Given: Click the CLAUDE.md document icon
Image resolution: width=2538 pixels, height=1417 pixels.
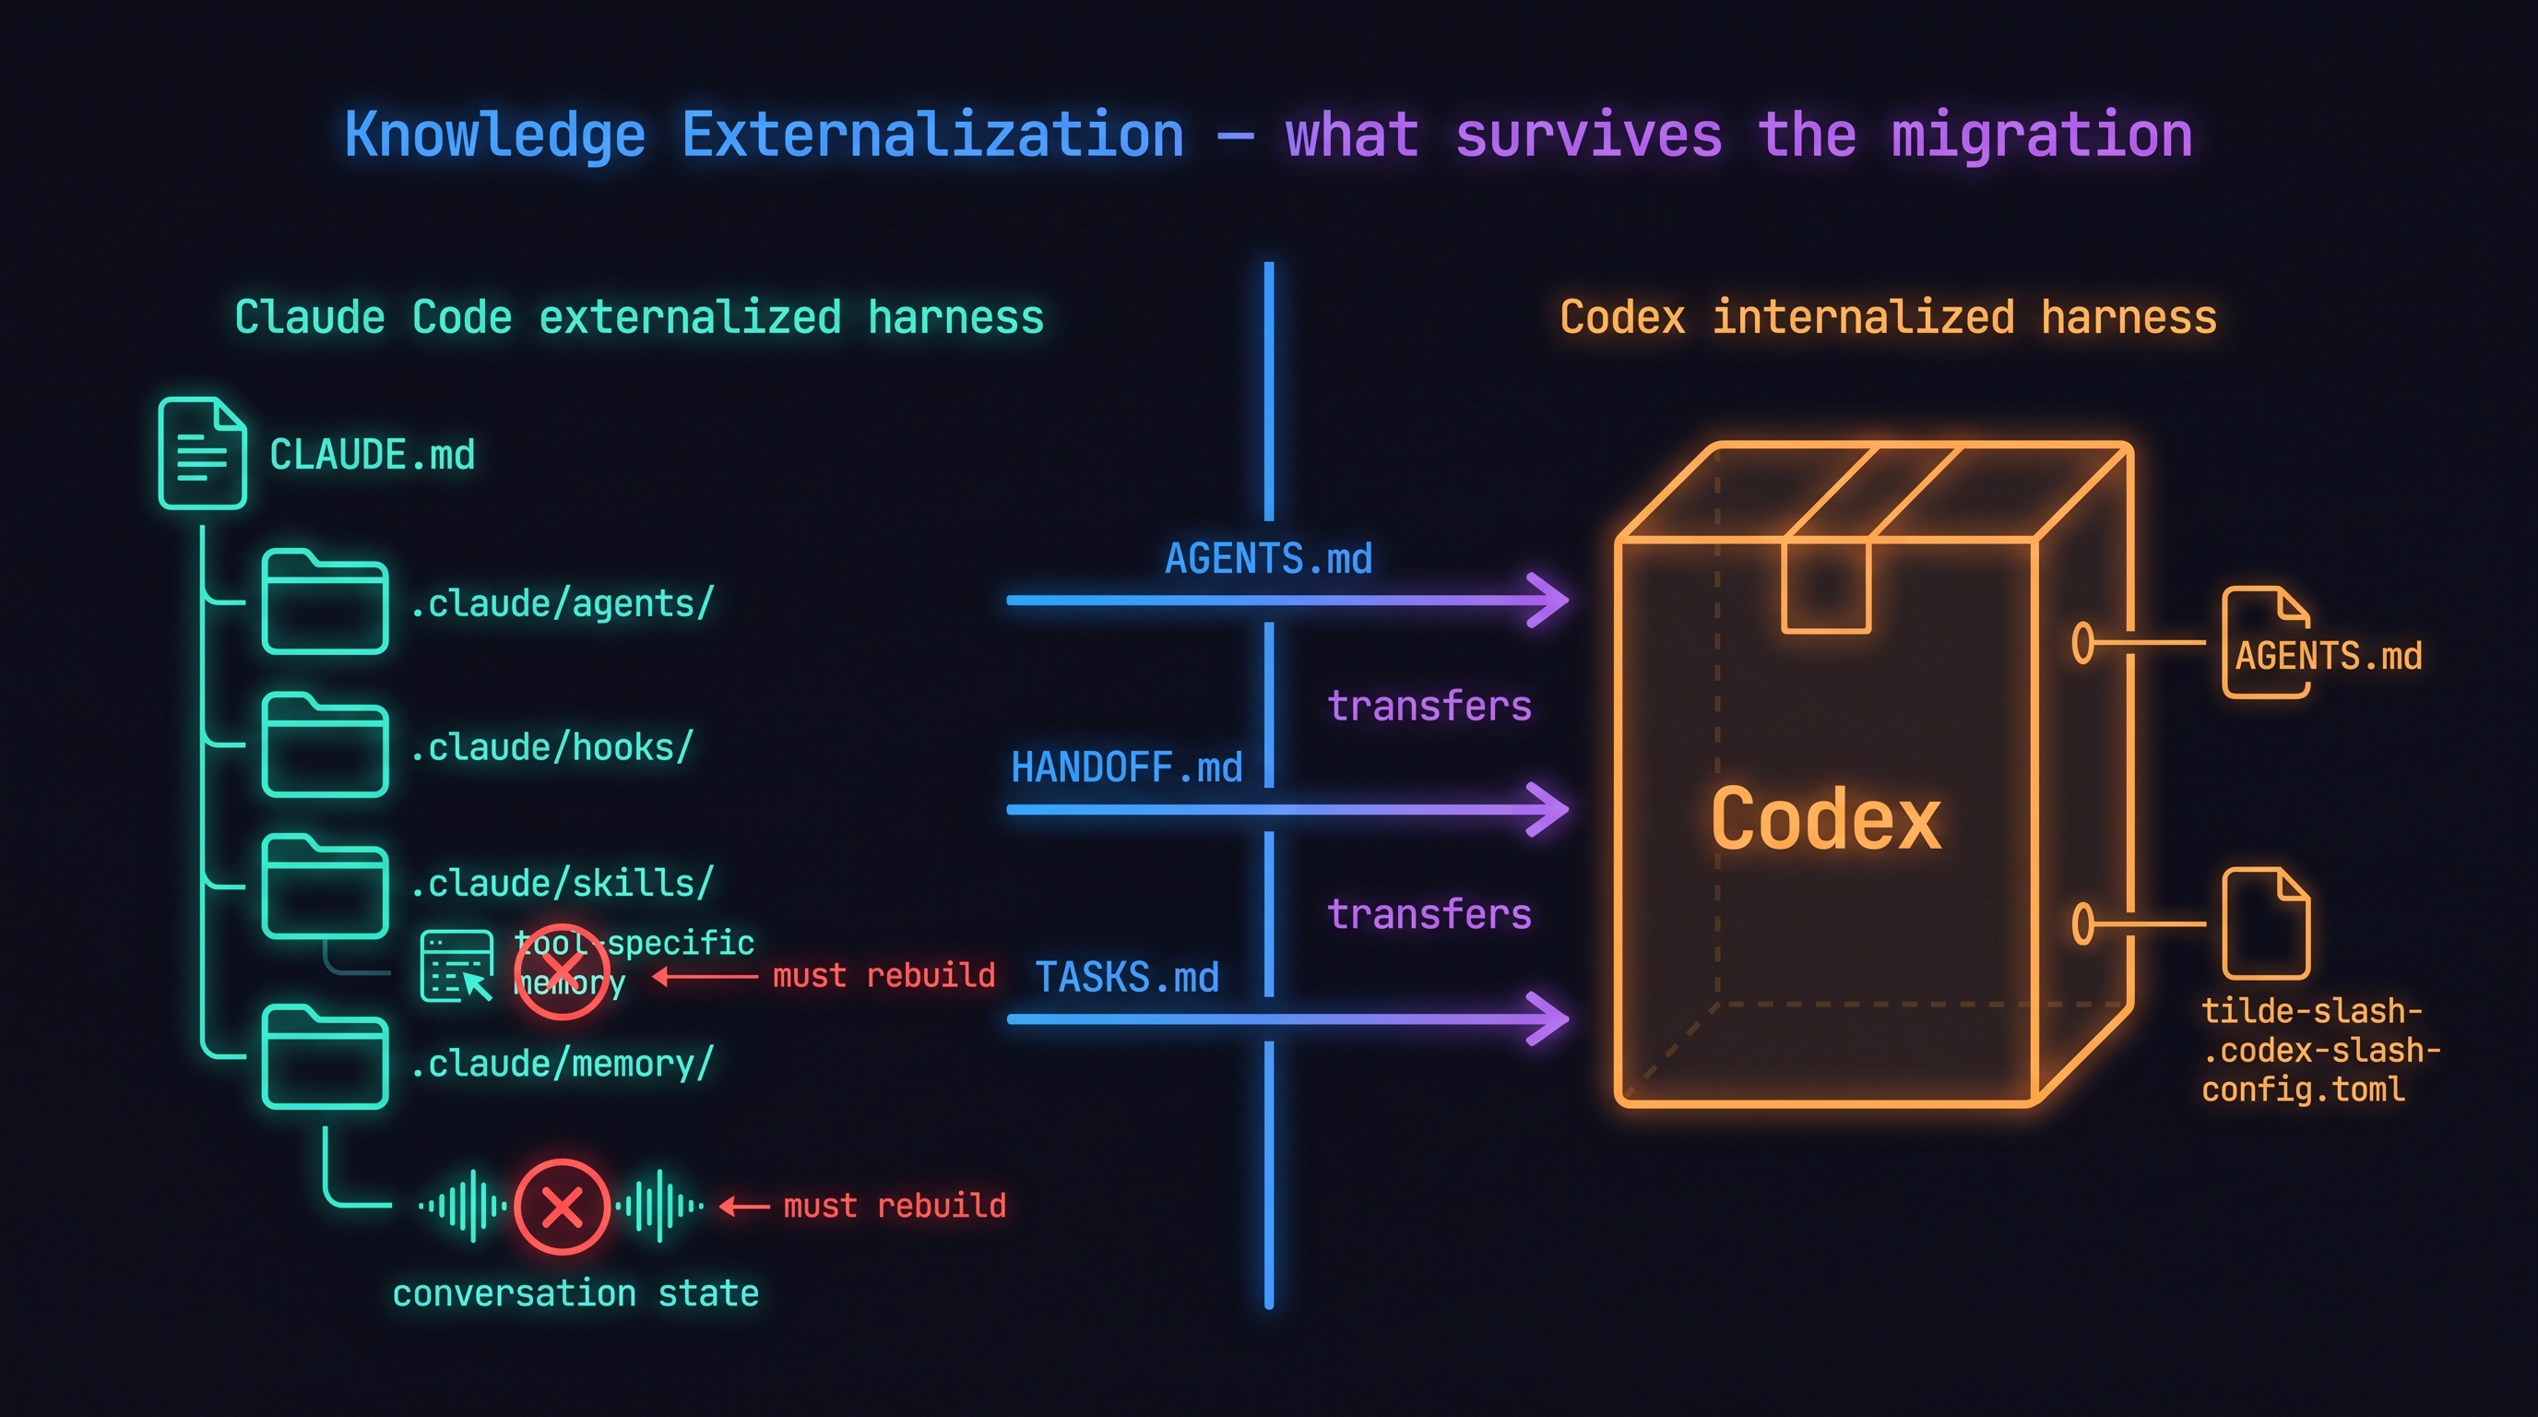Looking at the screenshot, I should [x=202, y=453].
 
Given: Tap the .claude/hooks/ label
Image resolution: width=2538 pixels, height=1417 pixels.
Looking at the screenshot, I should [x=551, y=747].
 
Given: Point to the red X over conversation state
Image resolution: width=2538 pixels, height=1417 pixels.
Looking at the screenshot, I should [x=563, y=1206].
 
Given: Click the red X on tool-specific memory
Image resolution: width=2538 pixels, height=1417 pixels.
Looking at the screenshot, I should [x=563, y=971].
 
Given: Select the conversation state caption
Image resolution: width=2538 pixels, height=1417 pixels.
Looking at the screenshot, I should [x=575, y=1292].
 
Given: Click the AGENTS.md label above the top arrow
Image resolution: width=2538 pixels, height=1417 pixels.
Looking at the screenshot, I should [x=1268, y=559].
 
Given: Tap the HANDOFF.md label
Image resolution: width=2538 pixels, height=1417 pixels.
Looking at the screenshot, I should [x=1126, y=768].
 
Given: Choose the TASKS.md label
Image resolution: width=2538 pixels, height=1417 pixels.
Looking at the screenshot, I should [x=1126, y=978].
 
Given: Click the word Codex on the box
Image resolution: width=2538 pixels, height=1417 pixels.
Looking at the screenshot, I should [x=1826, y=820].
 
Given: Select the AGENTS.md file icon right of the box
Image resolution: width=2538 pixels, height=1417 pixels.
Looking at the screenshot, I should [x=2266, y=642].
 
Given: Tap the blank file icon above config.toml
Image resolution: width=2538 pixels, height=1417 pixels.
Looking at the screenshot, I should [x=2266, y=923].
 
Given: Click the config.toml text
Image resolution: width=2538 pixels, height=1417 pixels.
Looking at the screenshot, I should [x=2304, y=1090].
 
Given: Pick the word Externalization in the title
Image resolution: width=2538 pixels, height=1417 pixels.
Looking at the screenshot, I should [x=932, y=135].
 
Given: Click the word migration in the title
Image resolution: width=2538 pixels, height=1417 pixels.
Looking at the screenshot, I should [x=2042, y=135].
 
